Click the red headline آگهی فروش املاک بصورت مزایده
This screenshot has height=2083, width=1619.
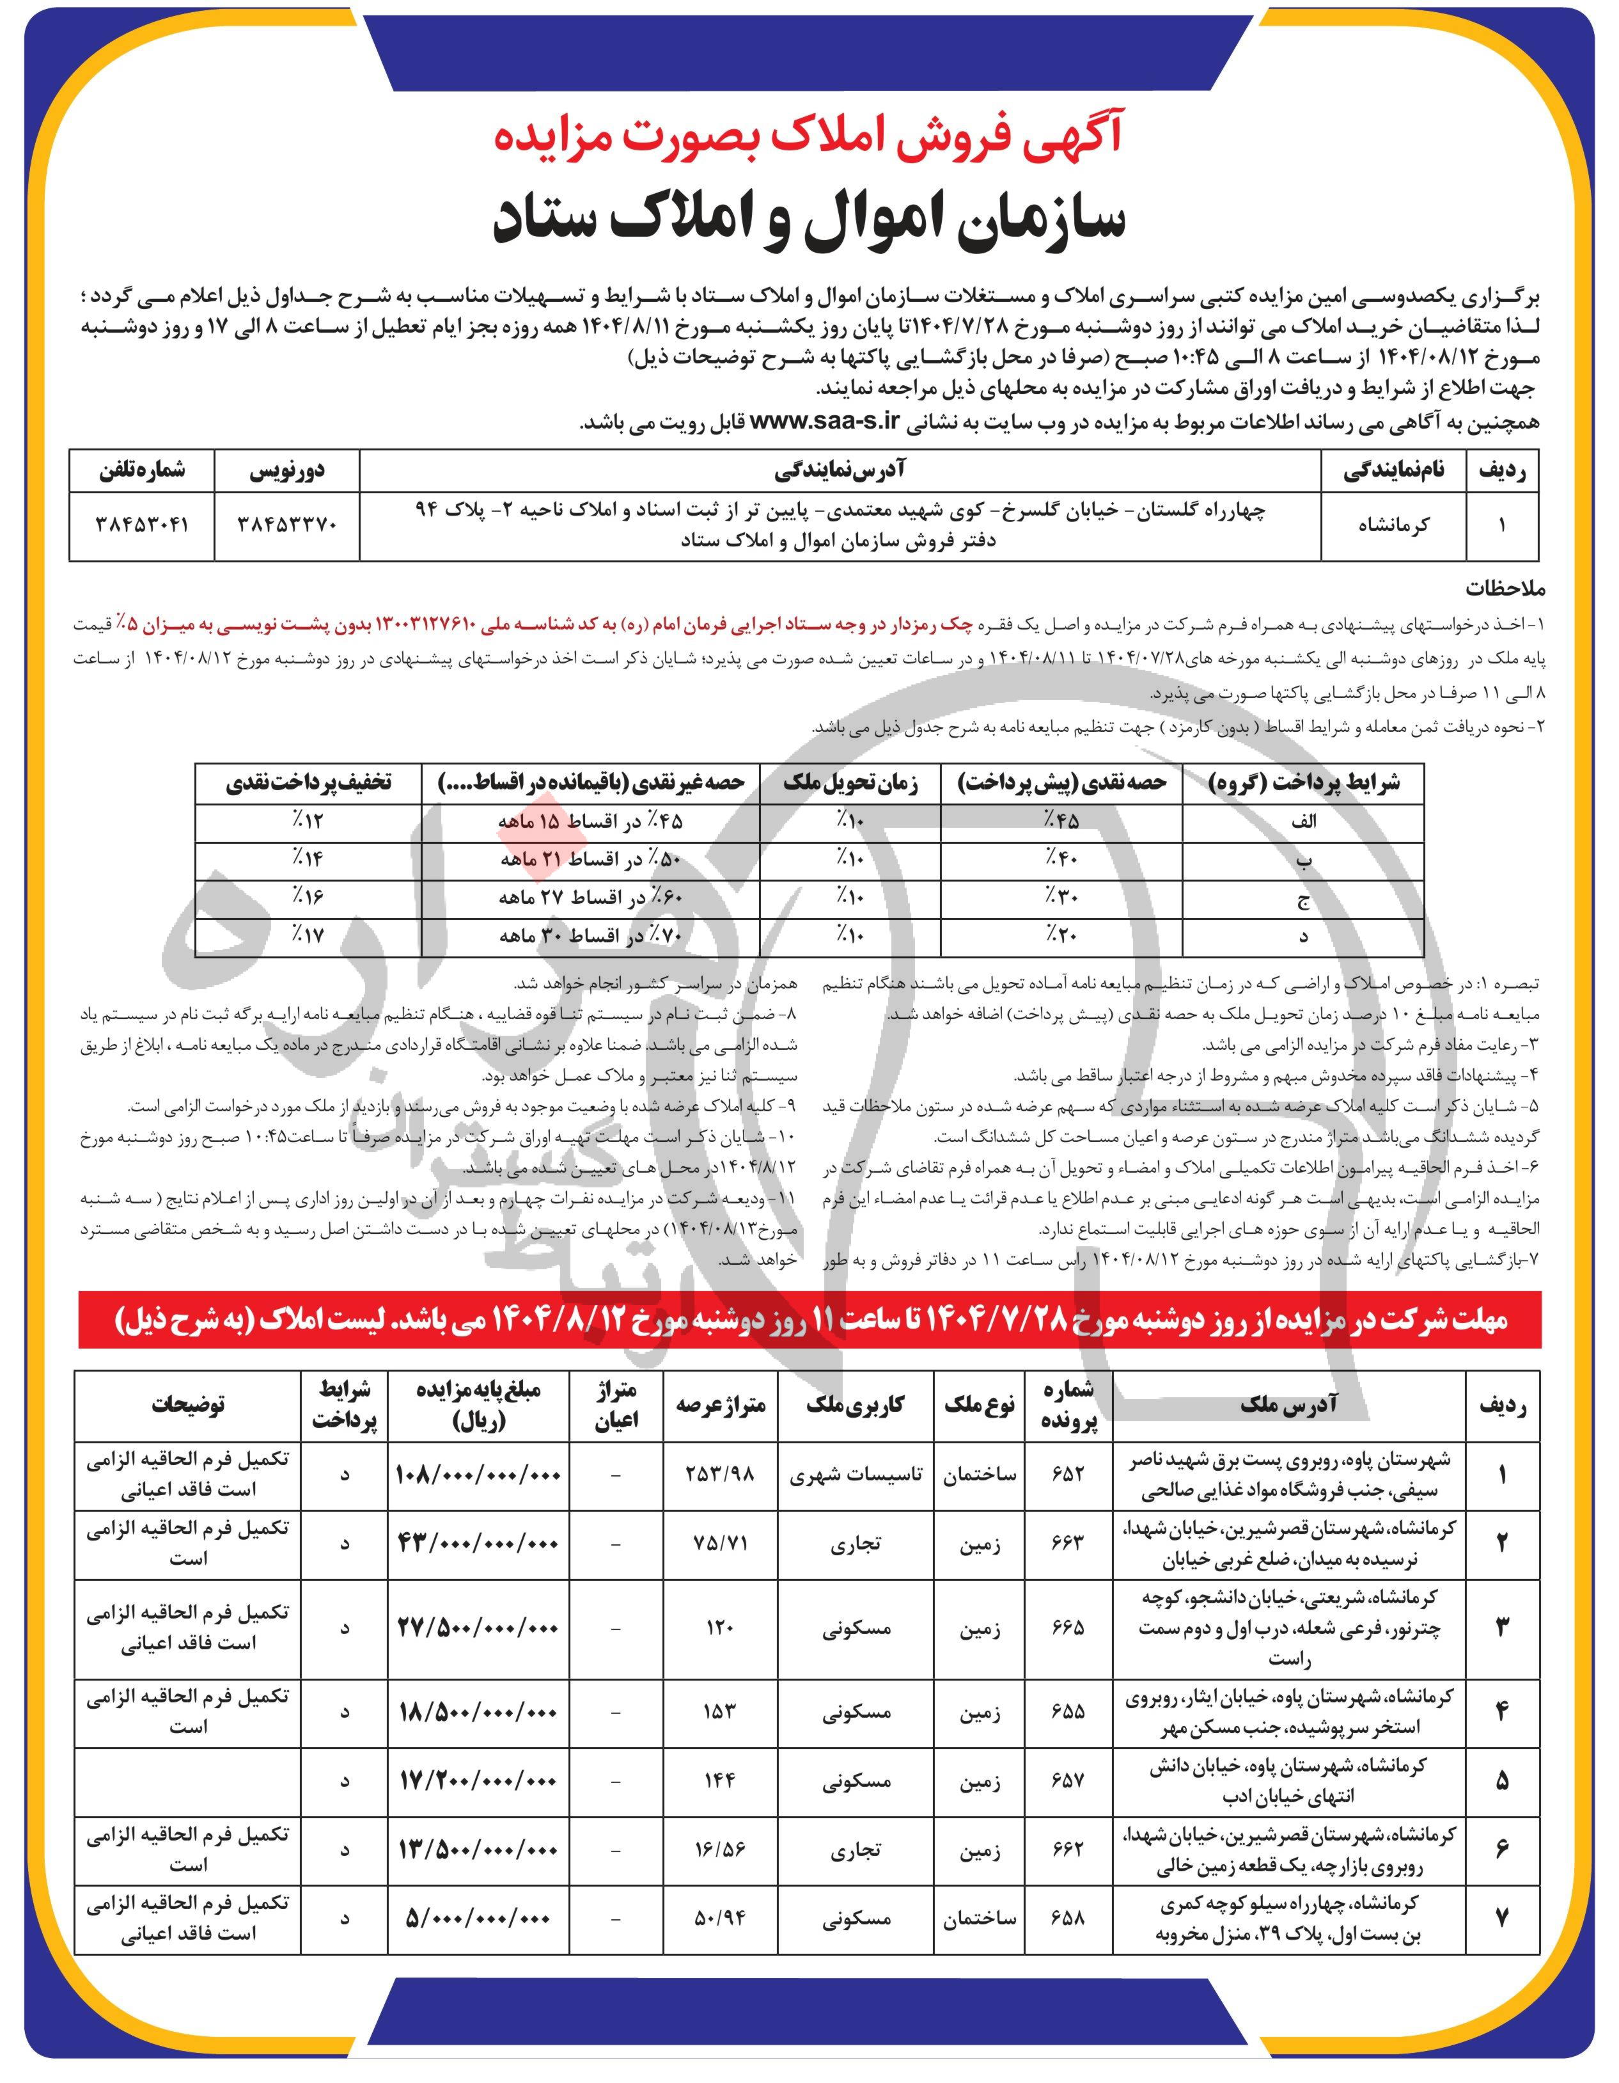(x=809, y=138)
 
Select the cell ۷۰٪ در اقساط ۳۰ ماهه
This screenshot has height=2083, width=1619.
(x=592, y=936)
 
